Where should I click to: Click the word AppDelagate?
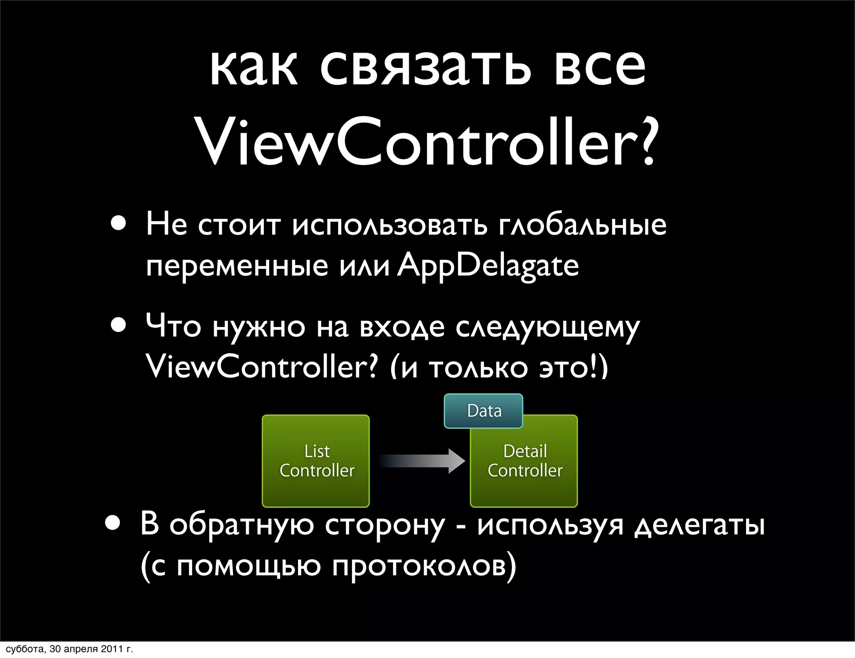pos(488,266)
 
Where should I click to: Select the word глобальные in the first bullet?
pos(582,225)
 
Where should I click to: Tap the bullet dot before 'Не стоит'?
pos(119,223)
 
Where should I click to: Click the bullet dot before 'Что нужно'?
pos(119,325)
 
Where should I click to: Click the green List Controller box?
pos(316,461)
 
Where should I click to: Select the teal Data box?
pos(483,411)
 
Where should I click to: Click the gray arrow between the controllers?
pos(422,461)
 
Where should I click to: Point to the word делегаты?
pos(699,525)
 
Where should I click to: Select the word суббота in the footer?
pos(25,649)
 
